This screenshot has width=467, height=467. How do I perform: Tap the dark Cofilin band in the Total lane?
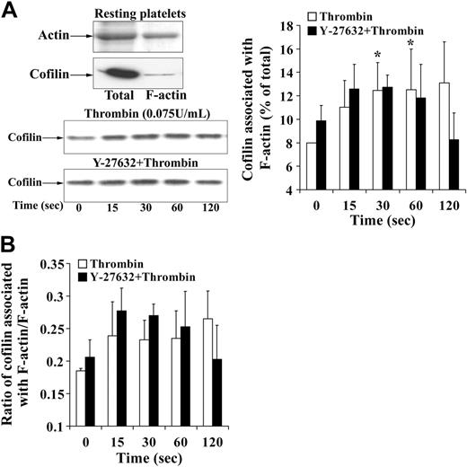point(116,71)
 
